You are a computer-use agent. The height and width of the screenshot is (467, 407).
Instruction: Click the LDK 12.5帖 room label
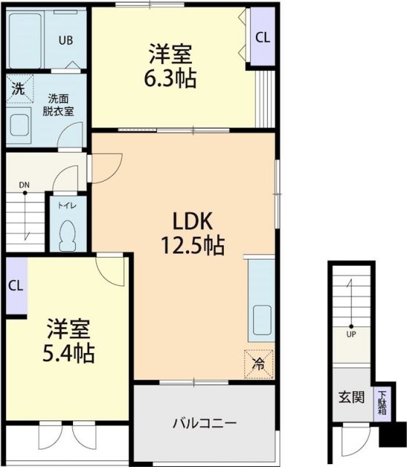point(193,233)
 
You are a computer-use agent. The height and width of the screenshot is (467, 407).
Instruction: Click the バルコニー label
point(205,423)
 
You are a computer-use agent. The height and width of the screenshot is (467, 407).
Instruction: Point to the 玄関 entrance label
point(348,399)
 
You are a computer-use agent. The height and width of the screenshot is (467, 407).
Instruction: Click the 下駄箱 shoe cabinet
point(383,402)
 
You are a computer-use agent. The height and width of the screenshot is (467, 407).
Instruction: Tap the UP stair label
point(351,334)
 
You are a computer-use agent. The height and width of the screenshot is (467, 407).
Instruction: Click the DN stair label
point(24,184)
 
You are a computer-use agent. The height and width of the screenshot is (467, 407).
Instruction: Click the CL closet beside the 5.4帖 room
point(15,286)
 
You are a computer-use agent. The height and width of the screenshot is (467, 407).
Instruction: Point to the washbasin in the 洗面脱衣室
point(20,125)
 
